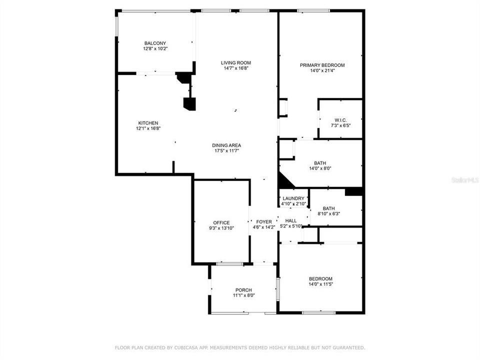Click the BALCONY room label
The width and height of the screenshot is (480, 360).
[x=155, y=43]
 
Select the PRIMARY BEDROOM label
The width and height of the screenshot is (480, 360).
[x=322, y=65]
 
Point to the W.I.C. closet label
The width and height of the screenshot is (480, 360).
[x=340, y=120]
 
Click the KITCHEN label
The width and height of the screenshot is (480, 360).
[x=148, y=123]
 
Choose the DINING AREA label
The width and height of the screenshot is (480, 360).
[x=226, y=145]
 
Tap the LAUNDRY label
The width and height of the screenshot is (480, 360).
[x=293, y=198]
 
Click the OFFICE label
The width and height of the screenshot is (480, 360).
[x=221, y=222]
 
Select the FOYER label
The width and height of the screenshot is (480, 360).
[x=264, y=222]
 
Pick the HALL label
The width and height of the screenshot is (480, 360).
[x=290, y=220]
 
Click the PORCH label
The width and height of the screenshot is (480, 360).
[x=243, y=290]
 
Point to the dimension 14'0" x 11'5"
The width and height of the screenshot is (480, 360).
[x=320, y=284]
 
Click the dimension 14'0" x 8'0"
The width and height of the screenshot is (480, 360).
[x=320, y=168]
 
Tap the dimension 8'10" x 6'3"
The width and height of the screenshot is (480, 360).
[x=328, y=214]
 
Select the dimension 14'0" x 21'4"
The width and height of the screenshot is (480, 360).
[x=322, y=70]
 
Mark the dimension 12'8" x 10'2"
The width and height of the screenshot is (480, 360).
[x=155, y=49]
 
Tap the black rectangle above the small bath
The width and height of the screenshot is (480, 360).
[x=353, y=191]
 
